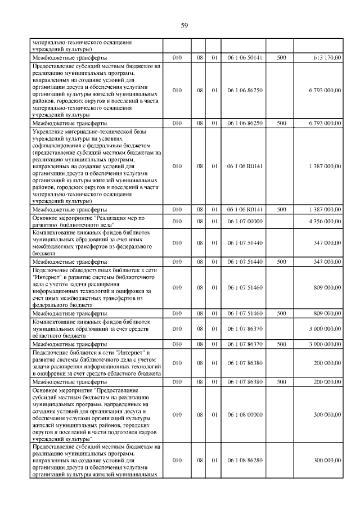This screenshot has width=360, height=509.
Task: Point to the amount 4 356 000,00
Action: pos(322,221)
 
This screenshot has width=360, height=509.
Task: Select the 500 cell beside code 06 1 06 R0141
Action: pos(281,209)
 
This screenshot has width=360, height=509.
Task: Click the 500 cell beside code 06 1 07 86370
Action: pos(281,343)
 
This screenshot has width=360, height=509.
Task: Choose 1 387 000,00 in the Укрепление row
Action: pos(322,166)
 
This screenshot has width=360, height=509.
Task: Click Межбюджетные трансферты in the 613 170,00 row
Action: pos(70,57)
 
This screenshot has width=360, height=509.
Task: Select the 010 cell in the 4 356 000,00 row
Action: pos(177,221)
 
